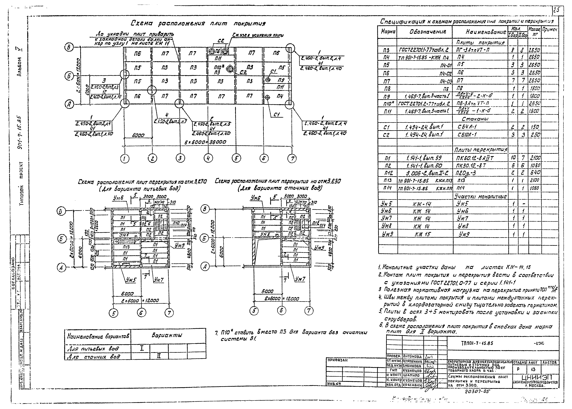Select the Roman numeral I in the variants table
coord(142,349)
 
